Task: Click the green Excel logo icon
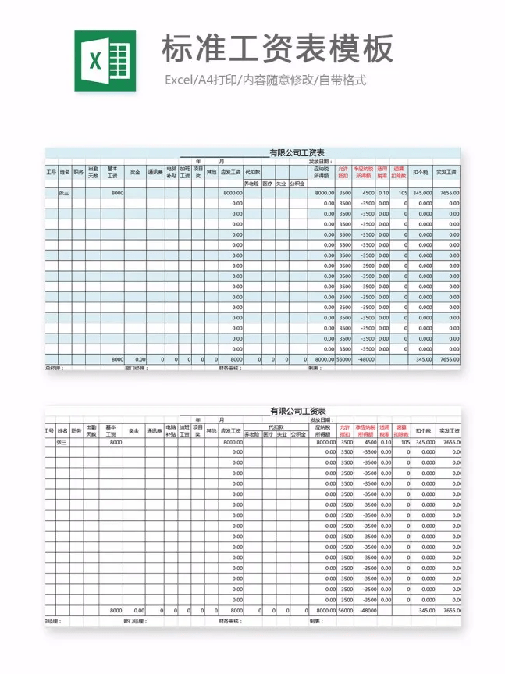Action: click(105, 61)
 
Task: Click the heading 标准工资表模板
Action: click(277, 50)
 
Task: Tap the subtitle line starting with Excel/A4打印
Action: click(265, 80)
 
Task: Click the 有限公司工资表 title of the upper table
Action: click(297, 153)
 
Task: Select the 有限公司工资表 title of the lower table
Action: click(297, 411)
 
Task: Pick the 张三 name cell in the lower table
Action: click(62, 442)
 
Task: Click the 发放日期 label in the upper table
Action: click(321, 162)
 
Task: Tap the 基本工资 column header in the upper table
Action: click(112, 172)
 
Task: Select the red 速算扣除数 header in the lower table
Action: click(401, 430)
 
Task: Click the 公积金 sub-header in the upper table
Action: click(297, 184)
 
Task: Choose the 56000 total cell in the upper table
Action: click(344, 359)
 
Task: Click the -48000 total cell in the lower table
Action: click(366, 610)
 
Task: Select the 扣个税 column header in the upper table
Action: click(421, 172)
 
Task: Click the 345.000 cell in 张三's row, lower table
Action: click(423, 442)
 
